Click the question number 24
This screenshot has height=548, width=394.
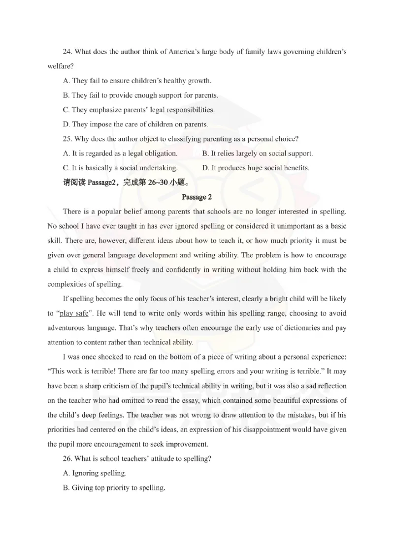coord(67,52)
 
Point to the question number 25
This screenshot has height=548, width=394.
coord(67,139)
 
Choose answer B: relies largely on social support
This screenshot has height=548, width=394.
coord(257,153)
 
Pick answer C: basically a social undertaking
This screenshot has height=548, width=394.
coord(120,168)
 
